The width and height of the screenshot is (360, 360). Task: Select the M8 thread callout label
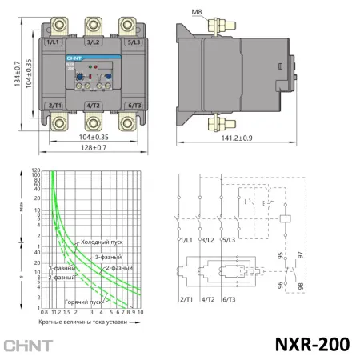(198, 12)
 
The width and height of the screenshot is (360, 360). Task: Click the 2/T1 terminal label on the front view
(54, 106)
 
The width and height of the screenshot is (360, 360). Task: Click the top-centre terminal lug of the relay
(93, 23)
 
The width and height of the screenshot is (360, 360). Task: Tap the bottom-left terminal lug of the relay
(55, 123)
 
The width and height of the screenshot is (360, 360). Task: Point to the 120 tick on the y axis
(35, 170)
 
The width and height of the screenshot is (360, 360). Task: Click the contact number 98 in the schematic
(301, 286)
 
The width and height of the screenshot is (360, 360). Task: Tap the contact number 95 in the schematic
(280, 257)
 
